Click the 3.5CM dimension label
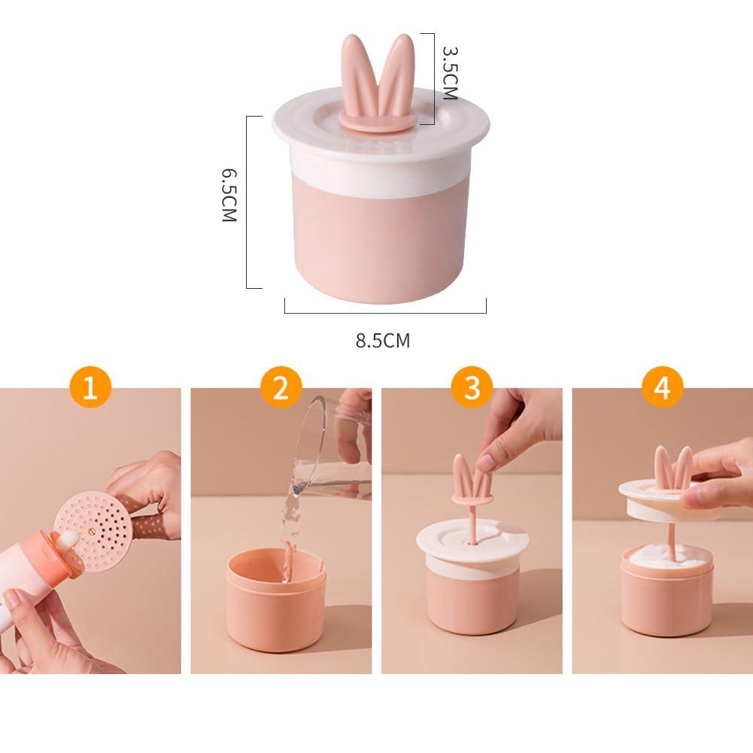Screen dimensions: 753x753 pyautogui.click(x=450, y=73)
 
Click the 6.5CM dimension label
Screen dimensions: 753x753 pyautogui.click(x=229, y=195)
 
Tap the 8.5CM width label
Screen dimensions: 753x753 pyautogui.click(x=383, y=341)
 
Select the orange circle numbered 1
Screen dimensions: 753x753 pyautogui.click(x=90, y=387)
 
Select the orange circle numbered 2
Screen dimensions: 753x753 pyautogui.click(x=281, y=387)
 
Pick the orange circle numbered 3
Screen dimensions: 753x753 pyautogui.click(x=472, y=387)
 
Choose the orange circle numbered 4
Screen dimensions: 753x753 pyautogui.click(x=662, y=387)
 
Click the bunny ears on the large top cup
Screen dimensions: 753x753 pyautogui.click(x=378, y=82)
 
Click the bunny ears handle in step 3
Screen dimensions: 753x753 pyautogui.click(x=472, y=479)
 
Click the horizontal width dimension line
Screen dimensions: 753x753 pyautogui.click(x=385, y=313)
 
